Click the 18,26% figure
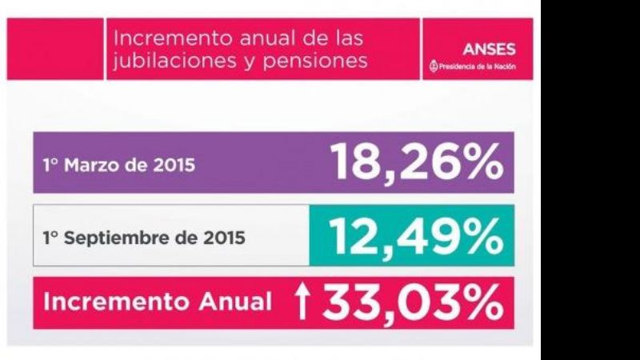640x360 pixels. pyautogui.click(x=417, y=163)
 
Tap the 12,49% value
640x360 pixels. pyautogui.click(x=417, y=237)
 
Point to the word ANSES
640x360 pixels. pyautogui.click(x=489, y=49)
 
